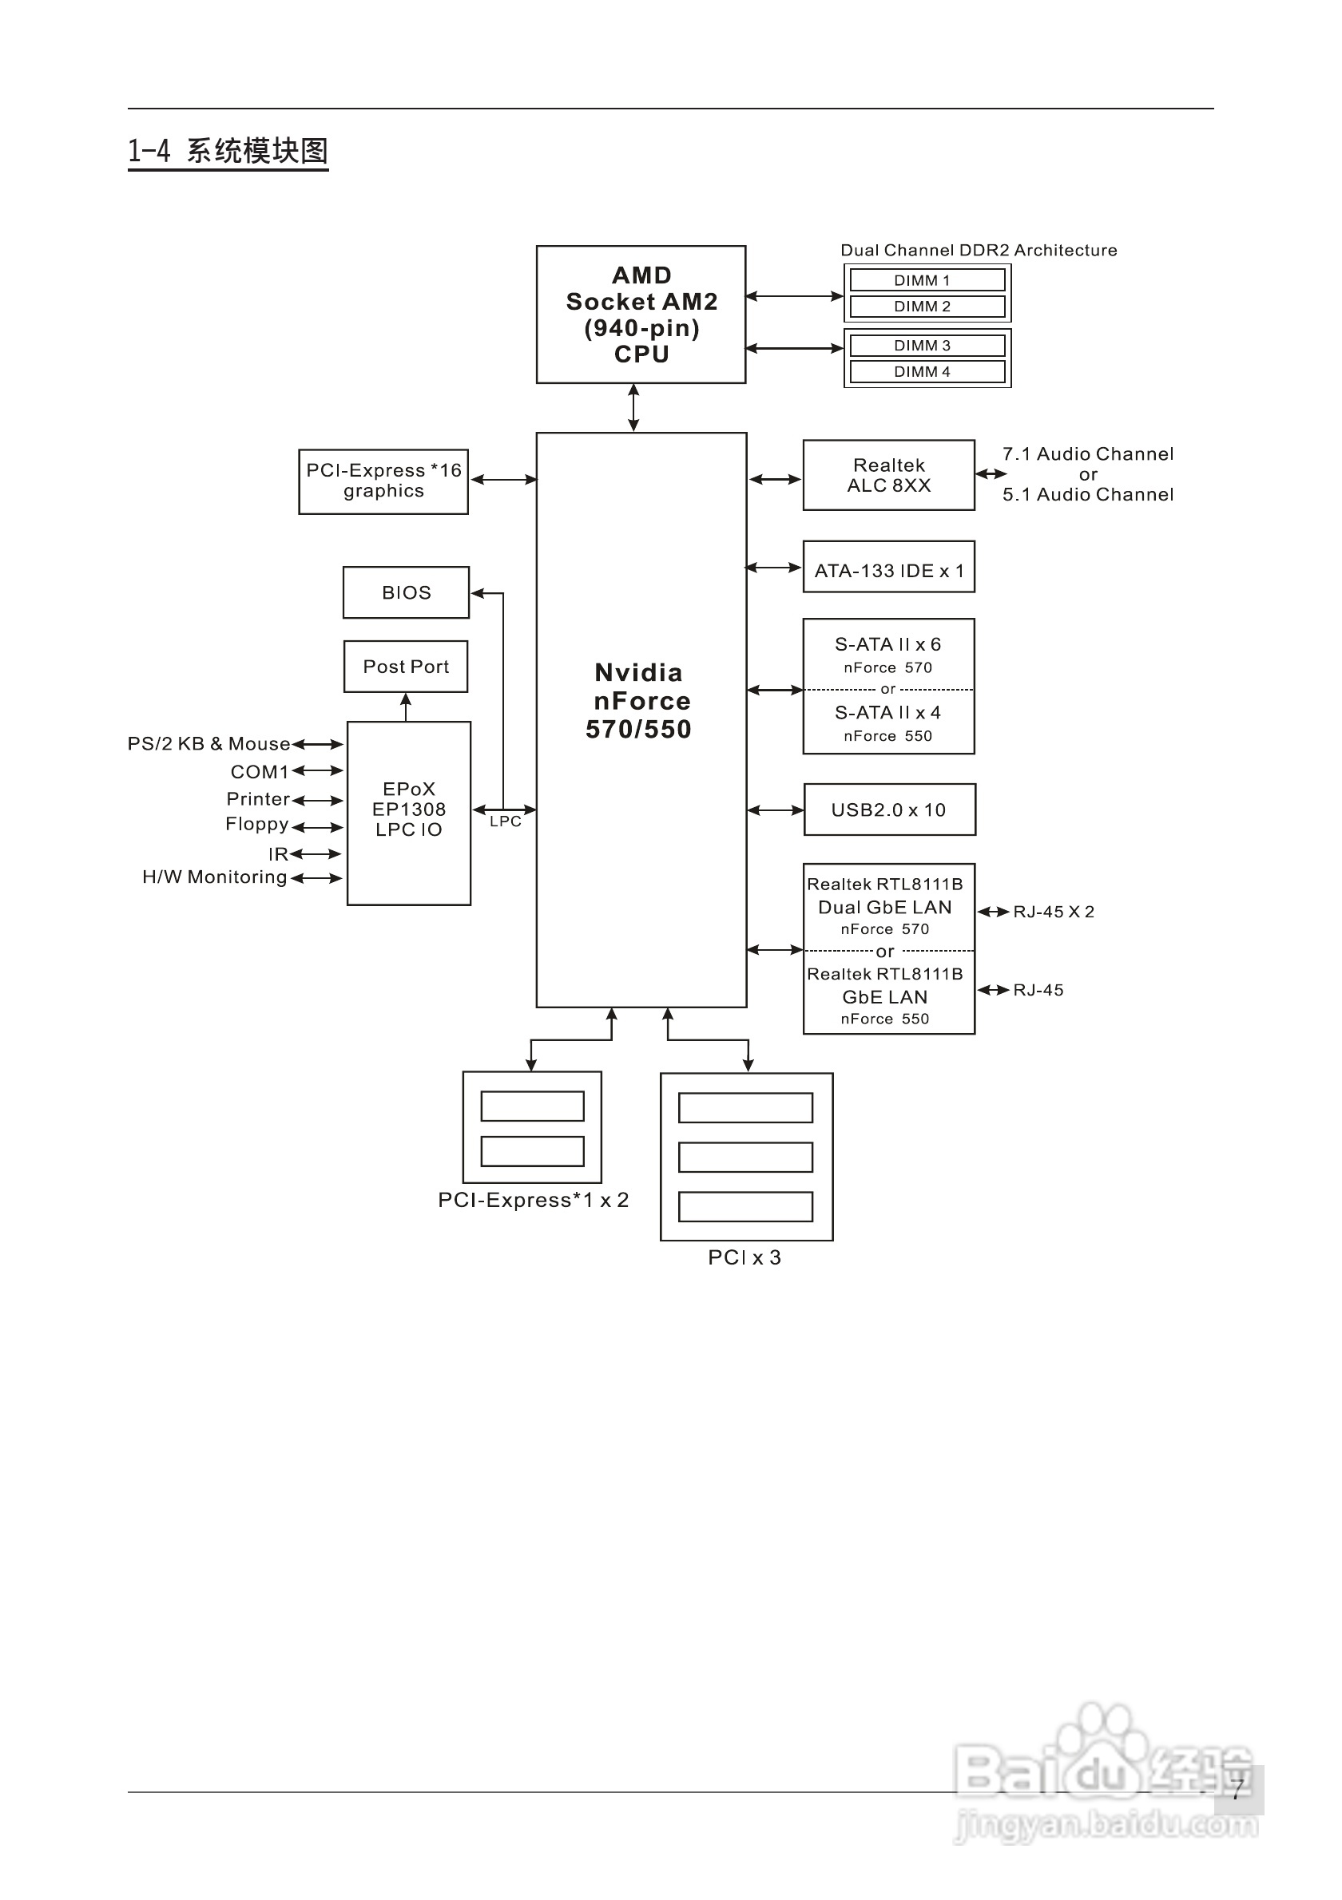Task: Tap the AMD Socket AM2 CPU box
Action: [641, 315]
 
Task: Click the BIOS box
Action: [406, 592]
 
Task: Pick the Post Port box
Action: [406, 666]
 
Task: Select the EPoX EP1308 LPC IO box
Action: [409, 813]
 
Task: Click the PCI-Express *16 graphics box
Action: [383, 481]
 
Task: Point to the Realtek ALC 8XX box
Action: [888, 475]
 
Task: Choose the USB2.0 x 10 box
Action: [888, 809]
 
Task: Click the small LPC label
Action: [505, 821]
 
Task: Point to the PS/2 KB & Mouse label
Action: [208, 743]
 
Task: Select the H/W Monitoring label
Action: [214, 877]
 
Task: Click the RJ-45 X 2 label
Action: [1053, 912]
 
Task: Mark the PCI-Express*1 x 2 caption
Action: [533, 1200]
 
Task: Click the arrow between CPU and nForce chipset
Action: [633, 407]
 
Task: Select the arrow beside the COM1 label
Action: [317, 770]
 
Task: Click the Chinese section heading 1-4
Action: [228, 152]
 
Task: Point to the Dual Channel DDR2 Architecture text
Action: [979, 250]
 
